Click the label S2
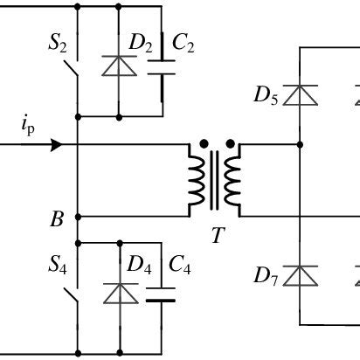click(59, 43)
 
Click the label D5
click(267, 95)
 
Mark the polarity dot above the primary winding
click(204, 142)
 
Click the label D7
click(267, 277)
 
